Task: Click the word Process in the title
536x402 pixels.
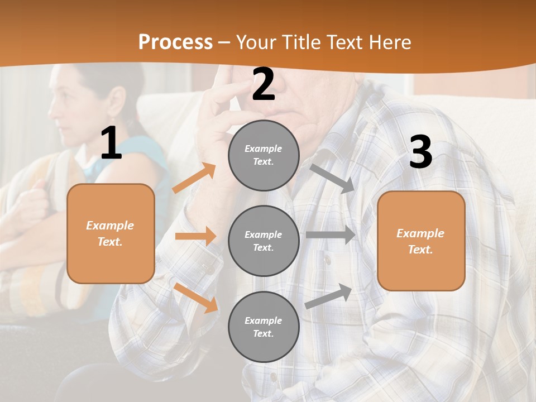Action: click(x=175, y=42)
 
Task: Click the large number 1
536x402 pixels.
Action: click(x=111, y=143)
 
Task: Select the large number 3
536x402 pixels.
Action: click(x=420, y=152)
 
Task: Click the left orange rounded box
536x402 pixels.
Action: click(x=111, y=233)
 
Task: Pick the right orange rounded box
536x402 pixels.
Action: click(x=421, y=241)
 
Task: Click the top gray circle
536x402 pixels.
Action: click(x=264, y=155)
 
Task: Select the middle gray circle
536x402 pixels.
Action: click(x=264, y=241)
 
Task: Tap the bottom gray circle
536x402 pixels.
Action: click(x=264, y=327)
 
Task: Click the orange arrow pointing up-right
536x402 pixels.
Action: click(x=194, y=178)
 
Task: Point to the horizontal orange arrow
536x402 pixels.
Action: click(x=195, y=236)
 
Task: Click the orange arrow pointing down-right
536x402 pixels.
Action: click(x=195, y=298)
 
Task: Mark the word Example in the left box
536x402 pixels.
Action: click(x=110, y=226)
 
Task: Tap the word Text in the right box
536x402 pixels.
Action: click(x=420, y=250)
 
